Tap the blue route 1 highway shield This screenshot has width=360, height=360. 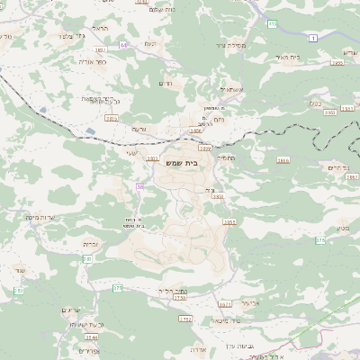[x=312, y=38]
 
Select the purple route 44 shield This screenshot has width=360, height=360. [x=123, y=44]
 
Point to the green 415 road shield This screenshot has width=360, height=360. [x=272, y=24]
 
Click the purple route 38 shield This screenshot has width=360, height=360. [x=139, y=186]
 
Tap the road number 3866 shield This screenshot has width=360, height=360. [x=283, y=160]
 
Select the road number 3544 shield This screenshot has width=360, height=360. [x=92, y=336]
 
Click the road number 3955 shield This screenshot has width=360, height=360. [x=336, y=63]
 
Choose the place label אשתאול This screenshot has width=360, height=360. [x=230, y=89]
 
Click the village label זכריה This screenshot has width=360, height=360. [x=91, y=243]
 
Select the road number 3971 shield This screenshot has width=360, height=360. [x=225, y=304]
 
